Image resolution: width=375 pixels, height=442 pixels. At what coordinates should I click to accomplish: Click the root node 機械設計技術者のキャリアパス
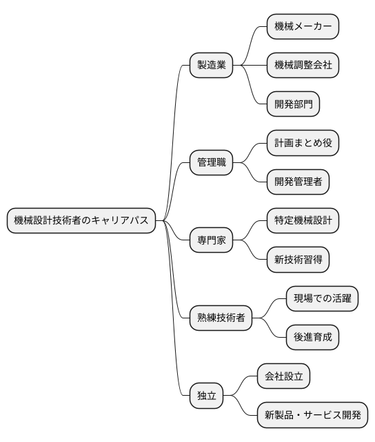pos(81,221)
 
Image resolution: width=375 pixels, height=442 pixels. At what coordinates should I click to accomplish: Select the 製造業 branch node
pos(212,66)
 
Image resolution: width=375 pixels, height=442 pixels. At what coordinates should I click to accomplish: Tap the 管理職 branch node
pos(212,163)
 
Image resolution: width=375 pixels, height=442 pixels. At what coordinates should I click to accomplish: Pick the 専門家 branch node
pos(212,241)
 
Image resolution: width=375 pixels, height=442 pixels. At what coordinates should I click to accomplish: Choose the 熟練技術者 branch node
pos(221,318)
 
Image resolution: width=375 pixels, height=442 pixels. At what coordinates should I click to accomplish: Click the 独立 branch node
pos(207,396)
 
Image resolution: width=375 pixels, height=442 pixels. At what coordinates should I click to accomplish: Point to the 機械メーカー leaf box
pos(303,27)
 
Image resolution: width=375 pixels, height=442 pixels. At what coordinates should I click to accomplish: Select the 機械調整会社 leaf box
pos(303,66)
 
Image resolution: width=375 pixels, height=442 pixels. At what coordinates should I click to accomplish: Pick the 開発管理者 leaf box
pos(298,182)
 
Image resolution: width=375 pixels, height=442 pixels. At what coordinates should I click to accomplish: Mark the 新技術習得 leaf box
pos(298,260)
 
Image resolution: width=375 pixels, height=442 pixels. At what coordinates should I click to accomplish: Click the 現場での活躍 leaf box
pos(322,299)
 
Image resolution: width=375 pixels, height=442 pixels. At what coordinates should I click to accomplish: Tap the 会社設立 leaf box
pos(283,377)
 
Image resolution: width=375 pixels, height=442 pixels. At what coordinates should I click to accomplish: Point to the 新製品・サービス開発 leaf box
pos(312,416)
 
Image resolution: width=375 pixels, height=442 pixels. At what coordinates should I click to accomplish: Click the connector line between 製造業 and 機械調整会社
pos(250,66)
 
